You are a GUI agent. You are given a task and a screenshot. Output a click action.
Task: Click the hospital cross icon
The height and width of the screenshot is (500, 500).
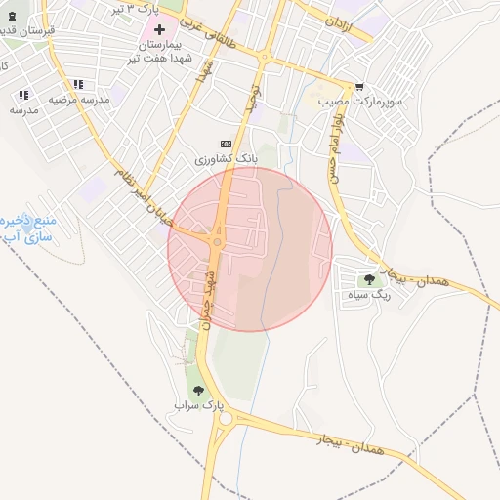click(159, 29)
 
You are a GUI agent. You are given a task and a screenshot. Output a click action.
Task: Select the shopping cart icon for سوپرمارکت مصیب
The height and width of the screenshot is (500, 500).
click(360, 86)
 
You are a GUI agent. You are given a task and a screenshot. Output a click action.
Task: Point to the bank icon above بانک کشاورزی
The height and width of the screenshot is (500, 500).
click(226, 143)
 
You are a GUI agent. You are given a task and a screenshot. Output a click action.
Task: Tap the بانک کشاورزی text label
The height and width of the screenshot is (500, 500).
click(226, 158)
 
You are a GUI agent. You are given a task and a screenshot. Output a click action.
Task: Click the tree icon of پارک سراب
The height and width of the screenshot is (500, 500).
click(199, 390)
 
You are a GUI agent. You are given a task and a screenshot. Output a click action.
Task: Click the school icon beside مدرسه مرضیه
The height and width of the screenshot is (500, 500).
click(77, 84)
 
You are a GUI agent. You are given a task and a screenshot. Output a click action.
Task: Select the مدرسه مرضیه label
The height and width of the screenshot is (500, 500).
click(78, 100)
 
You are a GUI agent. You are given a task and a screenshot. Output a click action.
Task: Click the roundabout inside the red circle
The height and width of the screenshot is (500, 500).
click(217, 241)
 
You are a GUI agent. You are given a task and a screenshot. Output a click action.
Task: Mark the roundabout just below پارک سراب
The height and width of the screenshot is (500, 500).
click(227, 419)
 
